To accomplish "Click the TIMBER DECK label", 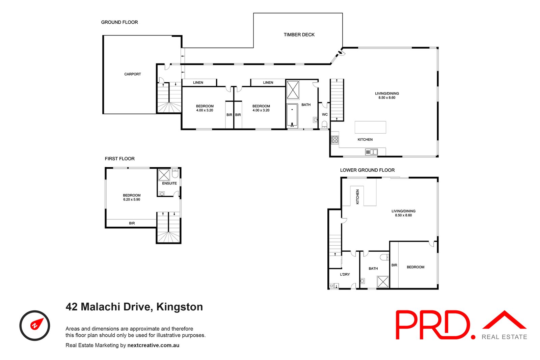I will pyautogui.click(x=299, y=35).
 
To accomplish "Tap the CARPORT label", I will pyautogui.click(x=132, y=74).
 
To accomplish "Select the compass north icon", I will pyautogui.click(x=35, y=325).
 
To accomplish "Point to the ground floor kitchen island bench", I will pyautogui.click(x=370, y=127).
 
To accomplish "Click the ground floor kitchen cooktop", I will pyautogui.click(x=335, y=139).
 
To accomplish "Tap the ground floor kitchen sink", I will pyautogui.click(x=371, y=152).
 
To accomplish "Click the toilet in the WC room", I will pyautogui.click(x=324, y=125).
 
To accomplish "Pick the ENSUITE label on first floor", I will pyautogui.click(x=169, y=183).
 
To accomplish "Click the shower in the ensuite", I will pyautogui.click(x=164, y=175).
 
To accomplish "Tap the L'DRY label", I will pyautogui.click(x=345, y=275).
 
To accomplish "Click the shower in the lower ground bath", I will pyautogui.click(x=383, y=282).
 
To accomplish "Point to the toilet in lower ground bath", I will pyautogui.click(x=384, y=257).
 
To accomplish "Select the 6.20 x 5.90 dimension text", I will pyautogui.click(x=132, y=200).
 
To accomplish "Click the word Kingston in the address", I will pyautogui.click(x=180, y=307).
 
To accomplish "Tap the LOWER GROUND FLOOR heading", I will pyautogui.click(x=367, y=170).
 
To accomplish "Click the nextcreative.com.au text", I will pyautogui.click(x=153, y=345).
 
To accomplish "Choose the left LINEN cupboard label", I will pyautogui.click(x=198, y=83).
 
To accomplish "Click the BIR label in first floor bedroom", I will pyautogui.click(x=132, y=223).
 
